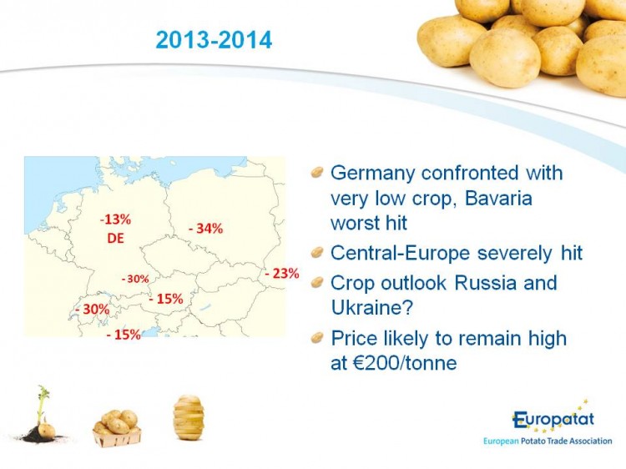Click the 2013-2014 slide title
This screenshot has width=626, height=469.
pyautogui.click(x=214, y=40)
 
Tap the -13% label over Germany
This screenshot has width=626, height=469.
pyautogui.click(x=115, y=219)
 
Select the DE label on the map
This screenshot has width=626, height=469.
pyautogui.click(x=116, y=239)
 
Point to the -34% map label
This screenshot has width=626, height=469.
pyautogui.click(x=205, y=229)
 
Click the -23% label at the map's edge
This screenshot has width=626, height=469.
pyautogui.click(x=282, y=274)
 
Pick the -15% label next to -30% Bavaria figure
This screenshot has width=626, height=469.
pyautogui.click(x=166, y=299)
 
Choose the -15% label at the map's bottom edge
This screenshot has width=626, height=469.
pyautogui.click(x=124, y=335)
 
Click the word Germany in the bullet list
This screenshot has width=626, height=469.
pyautogui.click(x=373, y=174)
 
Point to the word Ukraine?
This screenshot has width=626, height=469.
pyautogui.click(x=371, y=308)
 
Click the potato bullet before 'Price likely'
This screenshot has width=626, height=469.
pyautogui.click(x=317, y=338)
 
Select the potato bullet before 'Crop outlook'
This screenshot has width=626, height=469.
pyautogui.click(x=317, y=283)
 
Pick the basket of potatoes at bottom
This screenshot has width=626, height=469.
pyautogui.click(x=117, y=428)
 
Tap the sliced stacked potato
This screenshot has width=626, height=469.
pyautogui.click(x=189, y=417)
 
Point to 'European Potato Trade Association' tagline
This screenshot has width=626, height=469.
pyautogui.click(x=548, y=441)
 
